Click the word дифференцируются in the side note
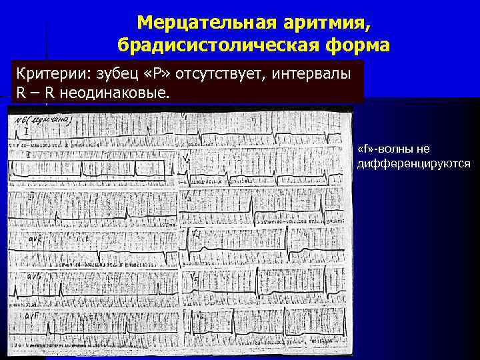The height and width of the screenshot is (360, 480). (414, 163)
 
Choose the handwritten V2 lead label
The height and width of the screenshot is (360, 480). (187, 160)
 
